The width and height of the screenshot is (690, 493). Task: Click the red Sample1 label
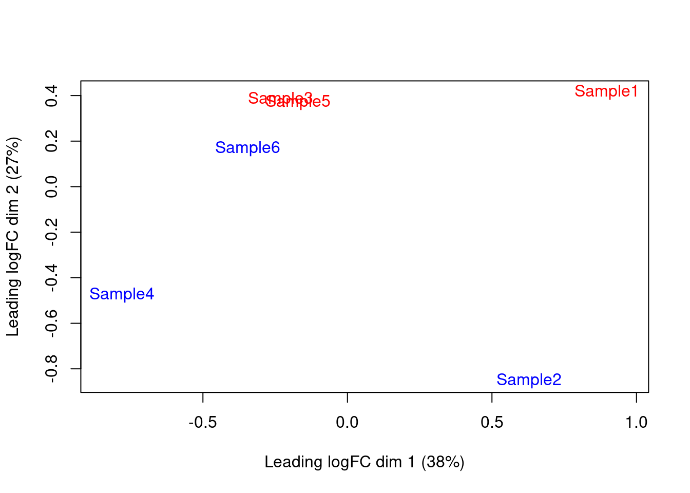pyautogui.click(x=606, y=91)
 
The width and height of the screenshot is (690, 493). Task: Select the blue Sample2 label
pyautogui.click(x=529, y=380)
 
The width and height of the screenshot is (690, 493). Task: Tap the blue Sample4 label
pyautogui.click(x=122, y=294)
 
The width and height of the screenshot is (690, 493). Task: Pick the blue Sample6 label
pyautogui.click(x=247, y=148)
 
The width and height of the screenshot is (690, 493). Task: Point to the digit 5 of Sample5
pyautogui.click(x=325, y=102)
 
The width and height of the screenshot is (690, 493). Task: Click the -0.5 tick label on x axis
pyautogui.click(x=202, y=423)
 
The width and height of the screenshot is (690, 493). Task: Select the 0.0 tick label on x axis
pyautogui.click(x=347, y=423)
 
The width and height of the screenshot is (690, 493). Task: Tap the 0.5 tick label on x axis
pyautogui.click(x=492, y=423)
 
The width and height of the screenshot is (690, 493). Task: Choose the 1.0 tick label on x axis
pyautogui.click(x=636, y=423)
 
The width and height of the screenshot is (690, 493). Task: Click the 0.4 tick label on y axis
pyautogui.click(x=51, y=96)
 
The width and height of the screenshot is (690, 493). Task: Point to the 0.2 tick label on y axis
pyautogui.click(x=51, y=141)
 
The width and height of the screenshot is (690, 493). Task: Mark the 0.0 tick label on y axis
pyautogui.click(x=51, y=187)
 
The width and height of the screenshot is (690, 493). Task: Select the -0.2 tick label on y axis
pyautogui.click(x=51, y=232)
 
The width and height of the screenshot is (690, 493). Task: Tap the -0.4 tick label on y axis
pyautogui.click(x=51, y=278)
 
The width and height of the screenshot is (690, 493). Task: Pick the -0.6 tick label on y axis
pyautogui.click(x=51, y=324)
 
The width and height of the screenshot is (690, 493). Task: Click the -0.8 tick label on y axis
pyautogui.click(x=51, y=369)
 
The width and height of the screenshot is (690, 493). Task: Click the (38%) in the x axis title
pyautogui.click(x=443, y=462)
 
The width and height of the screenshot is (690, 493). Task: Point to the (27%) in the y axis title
pyautogui.click(x=13, y=158)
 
